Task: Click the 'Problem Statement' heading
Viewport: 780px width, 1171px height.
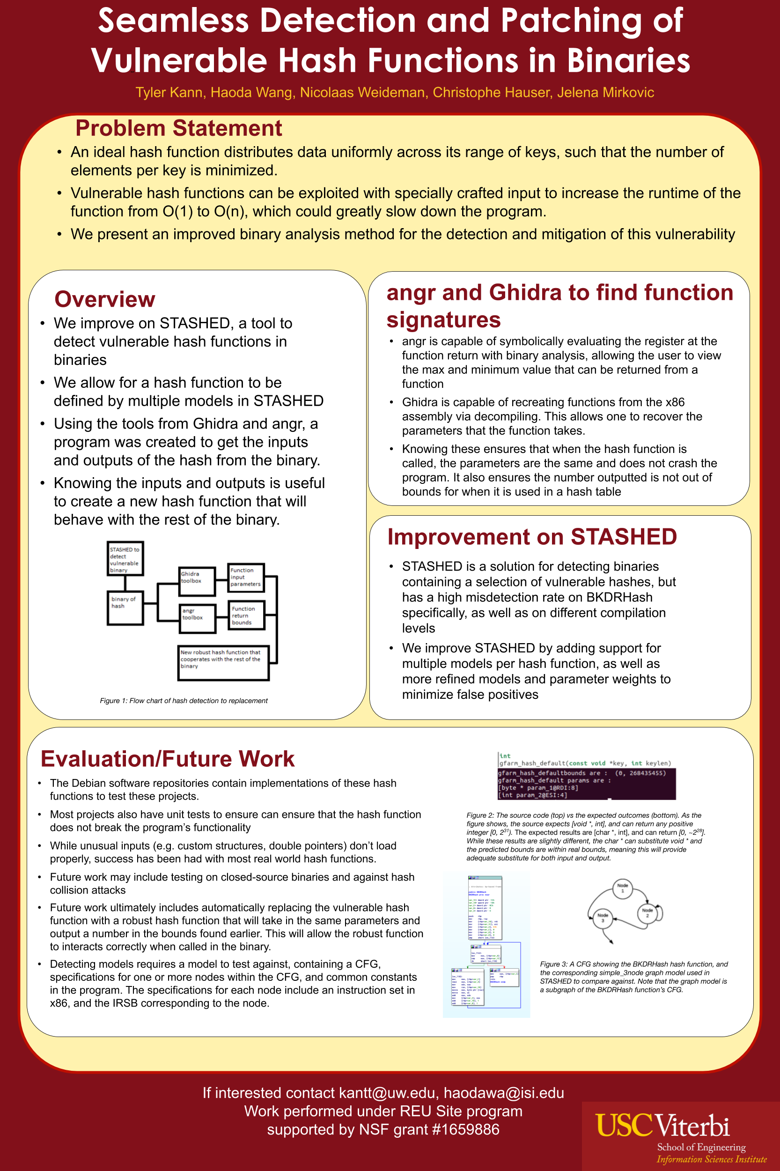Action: pos(178,128)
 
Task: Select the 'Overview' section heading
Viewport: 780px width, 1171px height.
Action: pos(104,300)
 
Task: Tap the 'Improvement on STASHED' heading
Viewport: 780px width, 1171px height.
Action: pos(532,537)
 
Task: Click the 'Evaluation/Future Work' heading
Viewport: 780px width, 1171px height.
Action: pos(168,759)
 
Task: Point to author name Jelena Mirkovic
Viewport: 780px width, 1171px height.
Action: pos(605,93)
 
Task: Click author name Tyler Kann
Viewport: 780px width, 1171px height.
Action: pos(169,93)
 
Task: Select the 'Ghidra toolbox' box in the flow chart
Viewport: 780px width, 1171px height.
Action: pos(197,581)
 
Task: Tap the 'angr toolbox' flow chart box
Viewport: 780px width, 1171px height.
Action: pos(198,619)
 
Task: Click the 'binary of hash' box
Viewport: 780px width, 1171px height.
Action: pos(125,608)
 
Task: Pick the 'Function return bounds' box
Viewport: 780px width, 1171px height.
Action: pos(246,615)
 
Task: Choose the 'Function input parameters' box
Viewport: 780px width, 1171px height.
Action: pos(246,577)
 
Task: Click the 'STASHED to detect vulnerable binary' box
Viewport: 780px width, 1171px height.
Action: pos(125,559)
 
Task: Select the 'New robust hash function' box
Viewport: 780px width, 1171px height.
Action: pos(223,663)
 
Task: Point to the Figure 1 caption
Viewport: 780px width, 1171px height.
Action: pos(184,701)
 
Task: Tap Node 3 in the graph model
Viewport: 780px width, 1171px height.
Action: pos(603,918)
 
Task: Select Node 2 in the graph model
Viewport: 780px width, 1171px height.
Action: pos(647,913)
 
